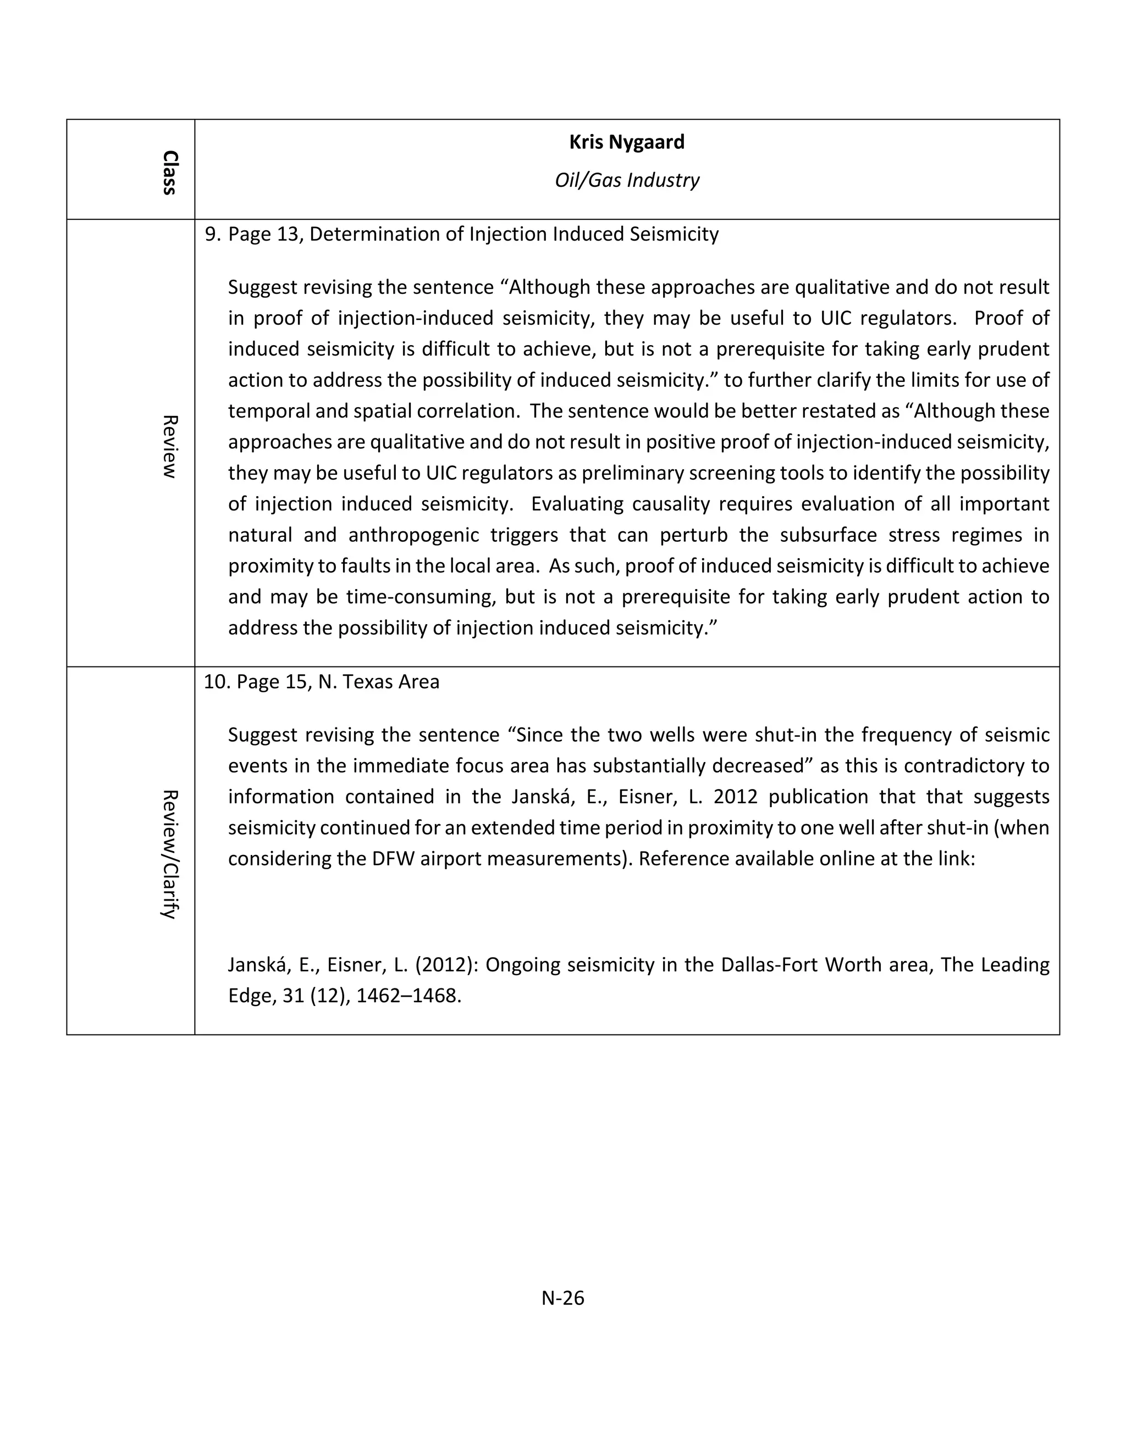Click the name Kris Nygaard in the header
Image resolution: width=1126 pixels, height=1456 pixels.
point(626,142)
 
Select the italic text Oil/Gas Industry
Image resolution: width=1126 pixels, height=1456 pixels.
point(626,180)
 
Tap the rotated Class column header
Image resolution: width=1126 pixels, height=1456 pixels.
point(169,172)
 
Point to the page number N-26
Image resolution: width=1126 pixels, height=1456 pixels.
point(562,1298)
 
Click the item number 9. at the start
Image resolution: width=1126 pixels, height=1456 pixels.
point(212,234)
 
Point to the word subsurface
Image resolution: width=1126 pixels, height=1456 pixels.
point(826,535)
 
